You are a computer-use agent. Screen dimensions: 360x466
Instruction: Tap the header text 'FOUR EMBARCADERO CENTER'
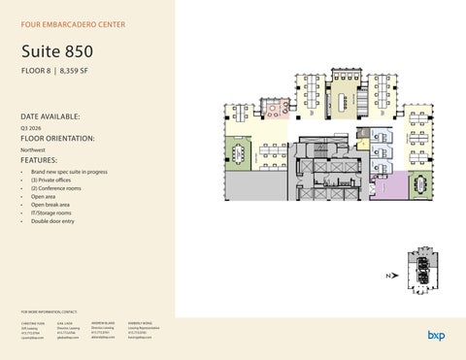click(74, 23)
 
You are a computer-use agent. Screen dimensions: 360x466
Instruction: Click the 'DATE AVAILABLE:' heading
click(50, 115)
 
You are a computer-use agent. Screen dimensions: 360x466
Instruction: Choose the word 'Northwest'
click(32, 150)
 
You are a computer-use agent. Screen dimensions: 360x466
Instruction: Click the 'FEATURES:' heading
click(40, 160)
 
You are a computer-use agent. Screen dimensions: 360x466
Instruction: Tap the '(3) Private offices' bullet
click(56, 180)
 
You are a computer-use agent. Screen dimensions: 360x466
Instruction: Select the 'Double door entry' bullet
click(52, 221)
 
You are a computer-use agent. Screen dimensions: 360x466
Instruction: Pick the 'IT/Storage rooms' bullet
click(52, 213)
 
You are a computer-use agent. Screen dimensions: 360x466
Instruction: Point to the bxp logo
click(436, 335)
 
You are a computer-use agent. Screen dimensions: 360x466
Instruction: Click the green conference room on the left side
click(238, 153)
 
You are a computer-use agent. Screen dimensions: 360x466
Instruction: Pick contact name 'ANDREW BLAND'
click(105, 321)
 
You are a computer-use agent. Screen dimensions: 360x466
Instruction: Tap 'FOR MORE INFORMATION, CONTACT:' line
click(49, 311)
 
